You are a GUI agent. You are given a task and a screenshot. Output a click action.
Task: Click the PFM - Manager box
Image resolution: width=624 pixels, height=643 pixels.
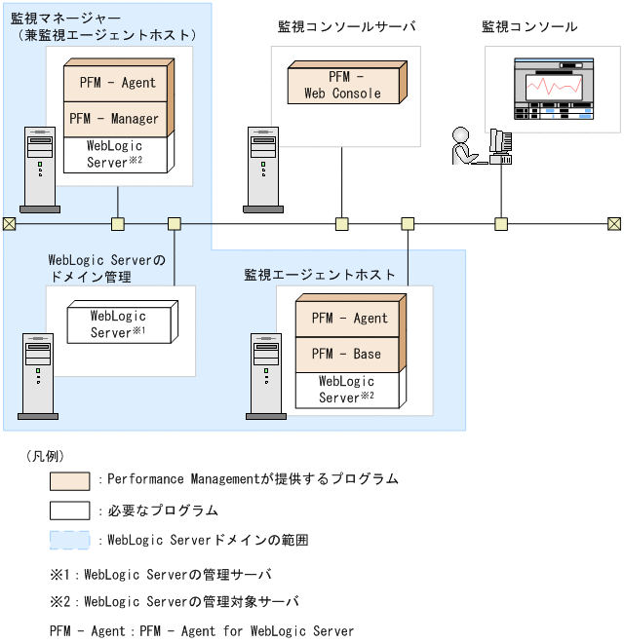[x=115, y=119]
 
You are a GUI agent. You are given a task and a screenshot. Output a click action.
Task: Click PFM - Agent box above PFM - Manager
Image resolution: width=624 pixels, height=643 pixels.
[x=115, y=83]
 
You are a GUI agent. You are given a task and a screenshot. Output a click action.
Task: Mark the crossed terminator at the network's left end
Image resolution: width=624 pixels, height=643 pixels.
[x=9, y=224]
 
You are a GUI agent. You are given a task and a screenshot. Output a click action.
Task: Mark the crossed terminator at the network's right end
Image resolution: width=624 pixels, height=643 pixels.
[x=614, y=224]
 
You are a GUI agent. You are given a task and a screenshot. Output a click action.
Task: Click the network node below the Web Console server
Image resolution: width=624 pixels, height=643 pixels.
[x=341, y=224]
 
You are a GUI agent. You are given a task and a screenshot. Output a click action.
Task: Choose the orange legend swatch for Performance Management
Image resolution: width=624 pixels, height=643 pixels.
[x=69, y=480]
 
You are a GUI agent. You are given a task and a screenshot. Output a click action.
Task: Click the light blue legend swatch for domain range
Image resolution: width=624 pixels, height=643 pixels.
[x=69, y=540]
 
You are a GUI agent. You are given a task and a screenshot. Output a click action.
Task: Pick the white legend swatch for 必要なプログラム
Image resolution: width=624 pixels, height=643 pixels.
[x=69, y=511]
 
